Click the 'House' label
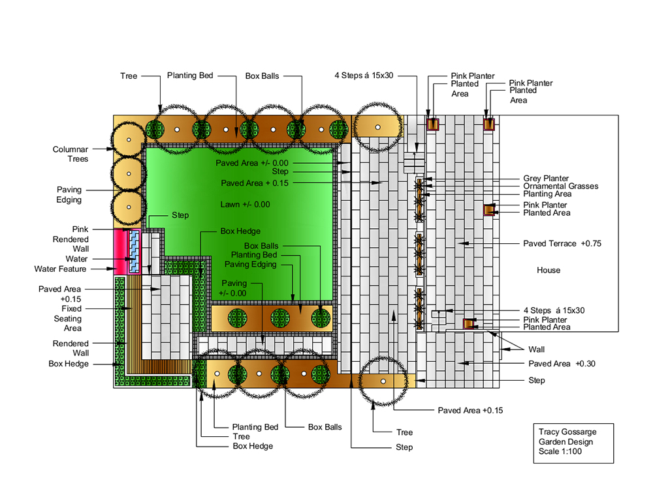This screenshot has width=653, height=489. (x=548, y=271)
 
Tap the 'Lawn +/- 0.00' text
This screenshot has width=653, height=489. (x=245, y=205)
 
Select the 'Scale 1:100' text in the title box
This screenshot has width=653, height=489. (x=560, y=452)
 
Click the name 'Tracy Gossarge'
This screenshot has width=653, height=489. (x=567, y=432)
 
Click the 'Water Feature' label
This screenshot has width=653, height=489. (x=60, y=269)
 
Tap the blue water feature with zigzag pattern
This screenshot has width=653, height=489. (x=134, y=251)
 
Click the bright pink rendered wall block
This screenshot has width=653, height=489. (x=120, y=252)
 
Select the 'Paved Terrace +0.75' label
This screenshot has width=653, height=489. (x=562, y=244)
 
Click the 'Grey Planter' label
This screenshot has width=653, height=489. (x=545, y=179)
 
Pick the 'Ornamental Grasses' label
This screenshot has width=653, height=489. (x=560, y=186)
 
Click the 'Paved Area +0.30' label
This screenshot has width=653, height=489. (x=562, y=364)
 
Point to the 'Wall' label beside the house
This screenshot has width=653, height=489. (x=536, y=349)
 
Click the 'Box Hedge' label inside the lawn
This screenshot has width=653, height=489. (x=240, y=231)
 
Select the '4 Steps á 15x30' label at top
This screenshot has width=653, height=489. (x=364, y=76)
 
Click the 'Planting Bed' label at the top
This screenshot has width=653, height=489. (x=190, y=76)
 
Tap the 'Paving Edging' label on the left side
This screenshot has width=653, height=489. (x=69, y=194)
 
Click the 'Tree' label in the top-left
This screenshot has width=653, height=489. (x=129, y=76)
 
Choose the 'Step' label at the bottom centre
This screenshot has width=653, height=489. (x=404, y=447)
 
